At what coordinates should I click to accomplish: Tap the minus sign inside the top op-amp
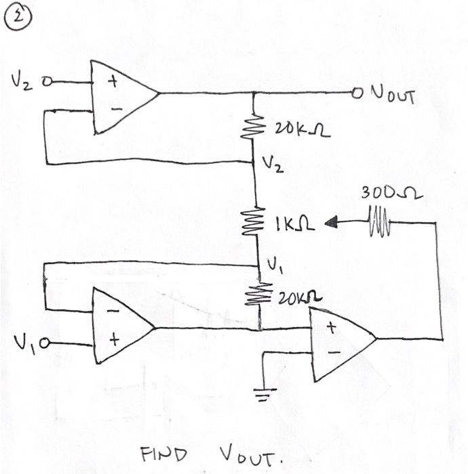click(115, 108)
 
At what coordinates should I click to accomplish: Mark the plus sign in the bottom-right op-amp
click(332, 328)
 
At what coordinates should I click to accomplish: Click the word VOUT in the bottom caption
click(248, 455)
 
